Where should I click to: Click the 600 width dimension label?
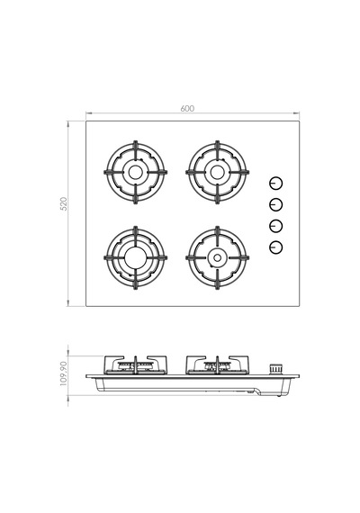187,108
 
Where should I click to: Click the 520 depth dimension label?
64,203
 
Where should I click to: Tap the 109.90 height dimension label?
64,373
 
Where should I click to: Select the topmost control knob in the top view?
276,184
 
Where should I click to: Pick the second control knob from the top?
276,205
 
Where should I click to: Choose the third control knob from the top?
276,226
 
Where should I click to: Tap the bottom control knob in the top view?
276,247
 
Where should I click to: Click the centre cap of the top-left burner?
135,172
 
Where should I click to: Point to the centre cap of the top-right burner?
217,172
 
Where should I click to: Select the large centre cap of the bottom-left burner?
135,257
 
